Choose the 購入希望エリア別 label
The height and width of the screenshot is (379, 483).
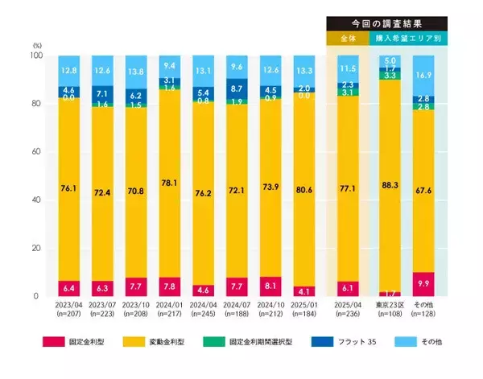point(408,38)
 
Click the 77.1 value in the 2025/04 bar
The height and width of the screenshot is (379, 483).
point(348,188)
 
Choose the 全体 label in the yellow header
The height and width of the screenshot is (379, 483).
point(348,38)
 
